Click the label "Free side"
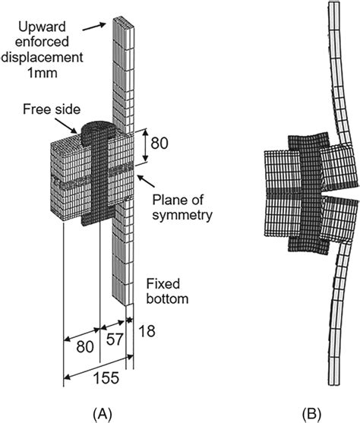click(x=49, y=108)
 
